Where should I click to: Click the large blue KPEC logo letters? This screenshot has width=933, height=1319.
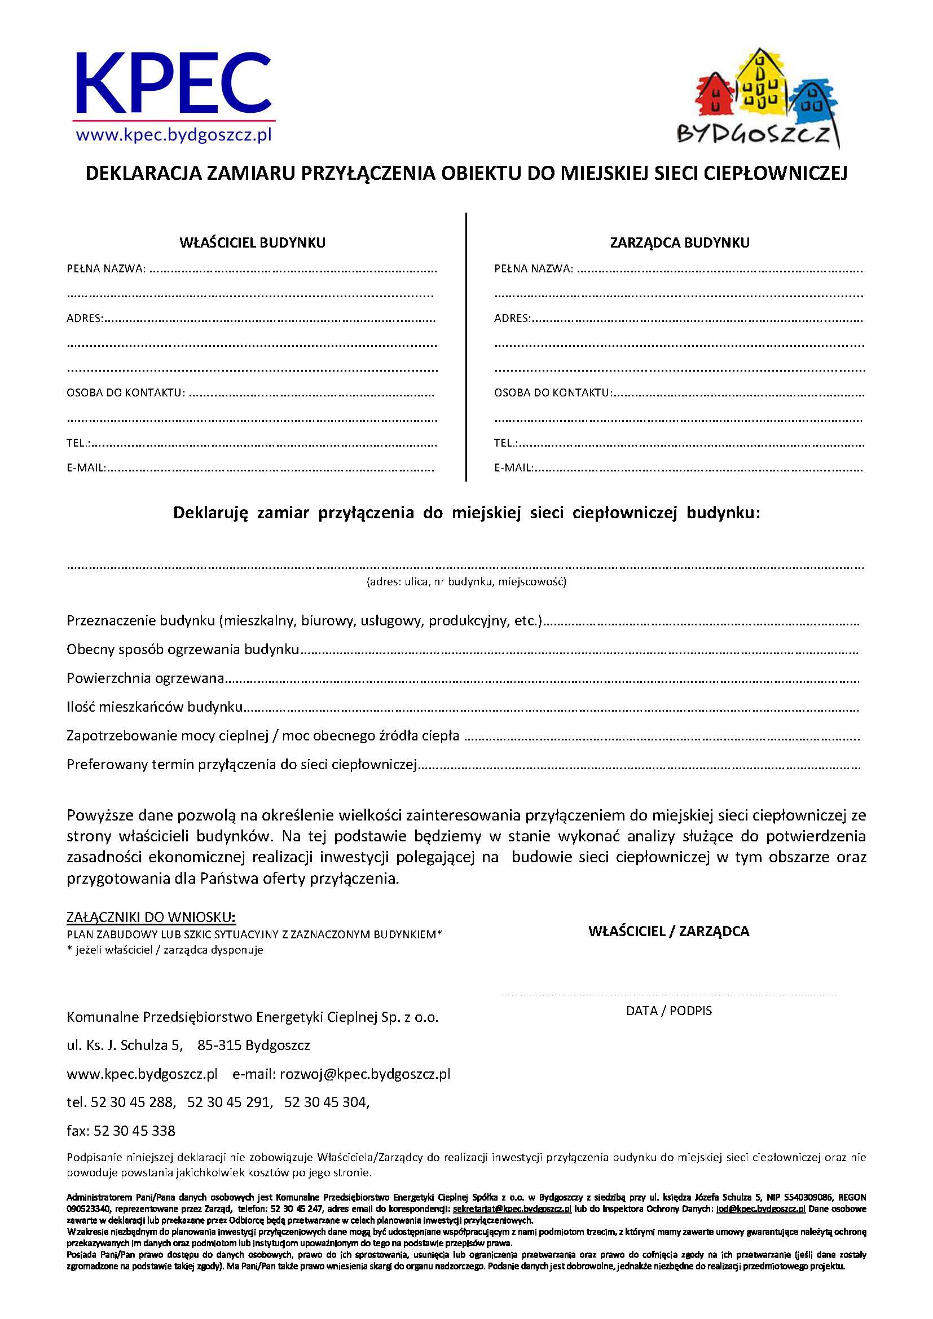[173, 84]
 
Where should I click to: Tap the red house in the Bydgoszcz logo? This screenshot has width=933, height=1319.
[715, 95]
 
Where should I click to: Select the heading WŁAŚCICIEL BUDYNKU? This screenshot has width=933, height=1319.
[253, 242]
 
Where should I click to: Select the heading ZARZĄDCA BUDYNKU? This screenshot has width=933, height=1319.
[680, 242]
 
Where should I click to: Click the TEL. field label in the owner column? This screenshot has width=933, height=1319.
[78, 443]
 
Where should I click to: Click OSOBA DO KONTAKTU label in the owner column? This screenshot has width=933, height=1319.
[126, 393]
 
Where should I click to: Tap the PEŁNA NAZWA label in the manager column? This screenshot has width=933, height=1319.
[533, 268]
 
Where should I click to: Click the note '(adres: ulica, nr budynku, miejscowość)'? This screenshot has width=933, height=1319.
[466, 581]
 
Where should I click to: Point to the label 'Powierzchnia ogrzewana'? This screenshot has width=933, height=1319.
[146, 678]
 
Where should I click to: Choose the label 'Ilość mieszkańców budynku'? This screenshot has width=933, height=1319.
[155, 707]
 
